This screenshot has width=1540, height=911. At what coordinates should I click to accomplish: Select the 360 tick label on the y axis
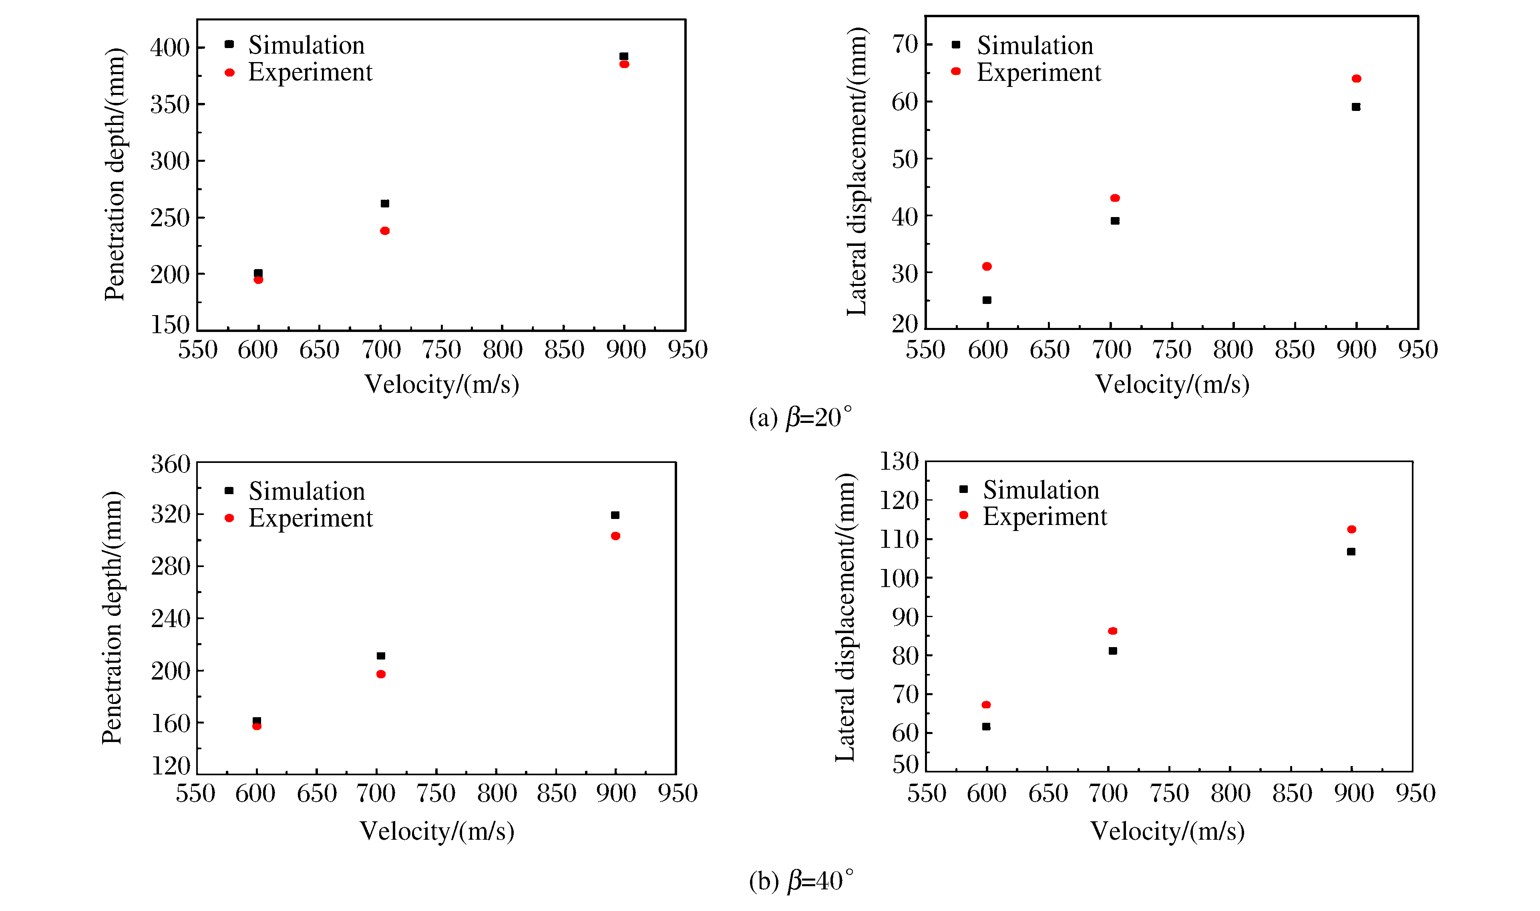[171, 464]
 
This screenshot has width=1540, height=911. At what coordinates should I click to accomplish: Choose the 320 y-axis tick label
[171, 515]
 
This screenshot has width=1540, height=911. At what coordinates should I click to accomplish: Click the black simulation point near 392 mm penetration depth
[623, 56]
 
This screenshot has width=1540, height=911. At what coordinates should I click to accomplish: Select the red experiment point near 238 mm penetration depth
[385, 231]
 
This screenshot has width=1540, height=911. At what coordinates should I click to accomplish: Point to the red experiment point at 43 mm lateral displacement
[1115, 198]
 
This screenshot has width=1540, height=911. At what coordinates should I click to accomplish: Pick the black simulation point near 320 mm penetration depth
[615, 515]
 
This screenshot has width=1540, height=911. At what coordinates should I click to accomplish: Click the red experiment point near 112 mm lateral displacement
[1351, 529]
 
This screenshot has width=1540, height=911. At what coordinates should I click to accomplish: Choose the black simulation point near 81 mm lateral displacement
[1113, 651]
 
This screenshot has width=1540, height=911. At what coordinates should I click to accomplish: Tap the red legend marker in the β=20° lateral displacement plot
[956, 72]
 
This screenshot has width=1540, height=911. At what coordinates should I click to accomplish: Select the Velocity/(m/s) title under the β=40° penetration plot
[436, 831]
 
